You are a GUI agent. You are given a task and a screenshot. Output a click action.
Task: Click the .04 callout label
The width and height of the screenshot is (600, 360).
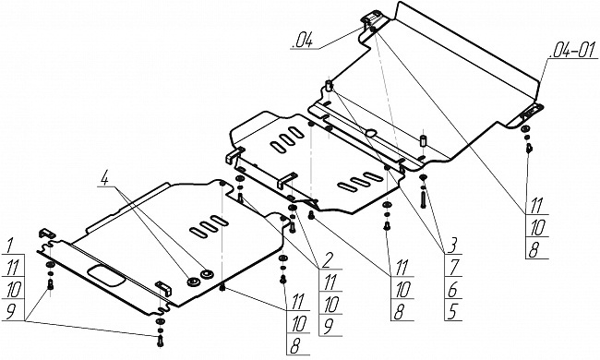click(x=302, y=41)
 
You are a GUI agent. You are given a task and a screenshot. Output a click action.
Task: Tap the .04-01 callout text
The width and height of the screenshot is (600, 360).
click(x=573, y=52)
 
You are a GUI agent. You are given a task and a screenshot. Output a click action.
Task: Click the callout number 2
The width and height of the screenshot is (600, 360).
click(x=327, y=261)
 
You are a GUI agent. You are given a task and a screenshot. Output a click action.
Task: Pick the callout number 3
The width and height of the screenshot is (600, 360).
click(x=452, y=246)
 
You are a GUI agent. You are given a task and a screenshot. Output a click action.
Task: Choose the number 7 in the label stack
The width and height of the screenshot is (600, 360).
click(x=454, y=267)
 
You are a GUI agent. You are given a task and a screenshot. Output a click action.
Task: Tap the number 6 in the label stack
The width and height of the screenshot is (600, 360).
click(x=452, y=290)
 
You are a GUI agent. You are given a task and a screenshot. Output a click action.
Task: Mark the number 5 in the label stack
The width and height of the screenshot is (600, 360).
click(x=452, y=311)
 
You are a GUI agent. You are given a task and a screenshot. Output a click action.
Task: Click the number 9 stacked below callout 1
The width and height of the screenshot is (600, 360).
click(x=11, y=311)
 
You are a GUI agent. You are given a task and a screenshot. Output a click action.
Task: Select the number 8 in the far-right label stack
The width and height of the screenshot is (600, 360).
click(x=533, y=250)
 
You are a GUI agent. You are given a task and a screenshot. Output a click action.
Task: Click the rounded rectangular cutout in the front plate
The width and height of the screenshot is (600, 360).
click(x=106, y=276)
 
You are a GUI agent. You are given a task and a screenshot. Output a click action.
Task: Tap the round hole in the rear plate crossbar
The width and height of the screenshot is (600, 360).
click(x=371, y=133)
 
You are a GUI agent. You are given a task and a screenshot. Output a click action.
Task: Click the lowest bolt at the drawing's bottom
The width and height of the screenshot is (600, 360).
click(x=161, y=341)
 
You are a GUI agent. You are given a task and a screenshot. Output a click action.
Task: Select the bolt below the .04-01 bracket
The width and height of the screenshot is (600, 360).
click(x=529, y=148)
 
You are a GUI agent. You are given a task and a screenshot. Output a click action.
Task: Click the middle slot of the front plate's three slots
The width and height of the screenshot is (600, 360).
click(x=209, y=226)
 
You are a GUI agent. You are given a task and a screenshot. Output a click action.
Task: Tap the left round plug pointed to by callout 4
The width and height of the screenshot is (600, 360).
click(x=193, y=282)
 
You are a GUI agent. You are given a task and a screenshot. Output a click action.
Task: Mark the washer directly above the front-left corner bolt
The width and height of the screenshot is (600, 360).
click(x=50, y=266)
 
